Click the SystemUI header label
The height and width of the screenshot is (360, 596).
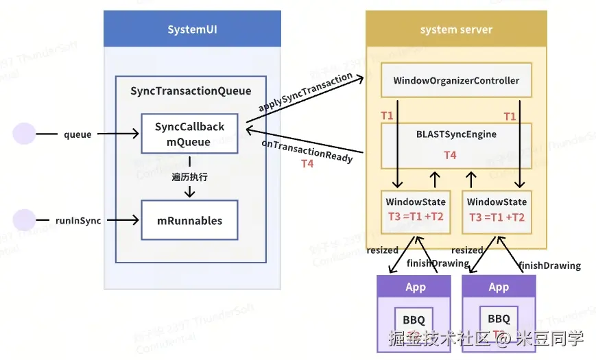192,29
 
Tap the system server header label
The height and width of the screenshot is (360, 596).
456,29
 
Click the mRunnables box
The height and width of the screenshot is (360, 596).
189,220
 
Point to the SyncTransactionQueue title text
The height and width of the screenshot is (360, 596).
191,91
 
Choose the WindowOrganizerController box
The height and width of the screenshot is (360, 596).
456,80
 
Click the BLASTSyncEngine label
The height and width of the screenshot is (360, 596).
456,134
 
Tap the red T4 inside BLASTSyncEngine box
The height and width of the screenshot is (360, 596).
450,156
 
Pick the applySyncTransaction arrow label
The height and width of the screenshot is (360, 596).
306,92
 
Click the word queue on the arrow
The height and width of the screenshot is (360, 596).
78,135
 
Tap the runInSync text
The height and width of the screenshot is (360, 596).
79,221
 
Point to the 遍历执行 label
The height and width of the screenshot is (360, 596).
189,177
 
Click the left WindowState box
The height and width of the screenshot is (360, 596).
416,210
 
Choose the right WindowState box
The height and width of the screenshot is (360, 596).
497,210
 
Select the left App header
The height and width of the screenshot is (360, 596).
414,287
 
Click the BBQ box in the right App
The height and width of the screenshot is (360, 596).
498,320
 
